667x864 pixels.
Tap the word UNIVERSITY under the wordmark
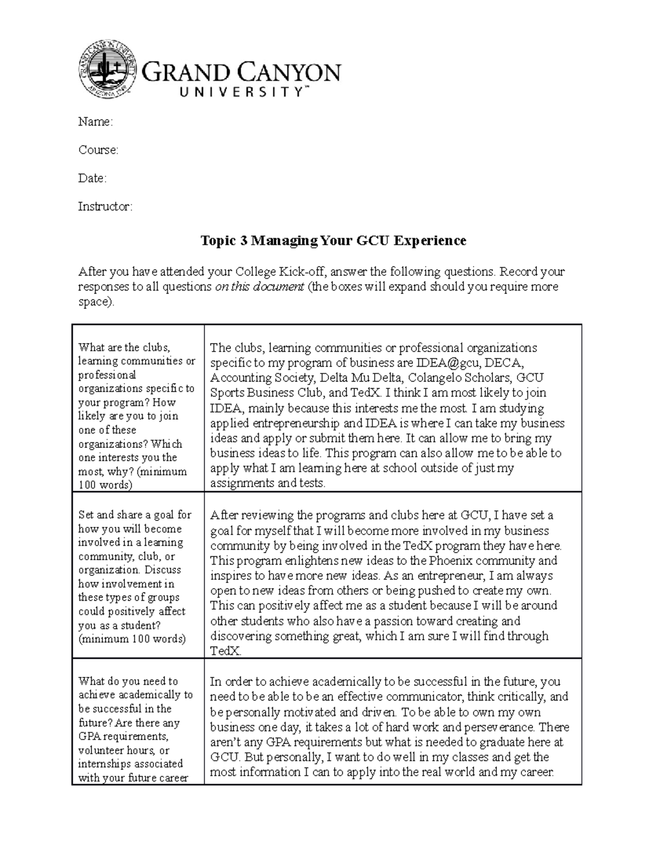pyautogui.click(x=242, y=92)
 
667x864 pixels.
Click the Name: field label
pyautogui.click(x=95, y=122)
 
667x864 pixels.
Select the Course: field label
pyautogui.click(x=98, y=150)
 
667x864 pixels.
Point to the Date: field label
pyautogui.click(x=92, y=179)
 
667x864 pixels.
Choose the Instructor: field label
pyautogui.click(x=105, y=207)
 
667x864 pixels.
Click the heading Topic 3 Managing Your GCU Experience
pyautogui.click(x=333, y=240)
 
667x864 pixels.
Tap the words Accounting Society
pyautogui.click(x=256, y=378)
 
